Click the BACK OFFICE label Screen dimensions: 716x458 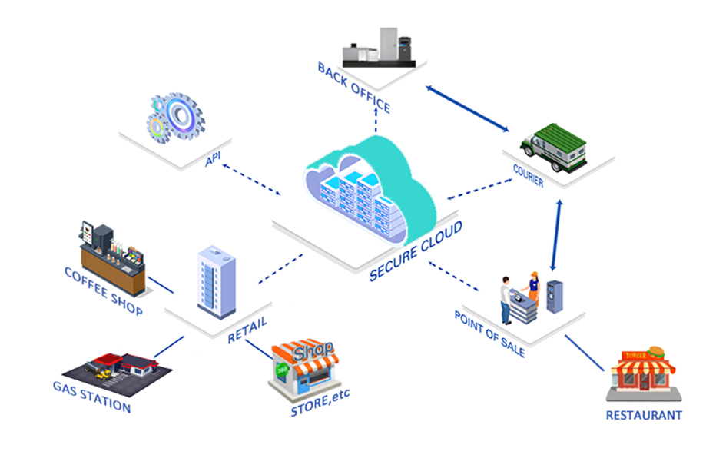(354, 88)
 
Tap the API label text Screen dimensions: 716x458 (214, 159)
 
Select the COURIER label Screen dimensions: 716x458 (529, 176)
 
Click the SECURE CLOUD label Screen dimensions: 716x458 (416, 251)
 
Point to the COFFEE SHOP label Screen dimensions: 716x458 (104, 291)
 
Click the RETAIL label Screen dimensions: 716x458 (247, 330)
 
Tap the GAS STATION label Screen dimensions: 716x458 (91, 397)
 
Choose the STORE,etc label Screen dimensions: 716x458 (320, 403)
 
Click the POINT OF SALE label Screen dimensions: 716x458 (489, 334)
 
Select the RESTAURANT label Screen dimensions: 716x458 (644, 415)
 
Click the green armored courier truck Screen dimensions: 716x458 (553, 147)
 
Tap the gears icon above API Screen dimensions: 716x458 (176, 118)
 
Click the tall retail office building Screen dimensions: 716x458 (217, 282)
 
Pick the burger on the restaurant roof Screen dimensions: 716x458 (656, 352)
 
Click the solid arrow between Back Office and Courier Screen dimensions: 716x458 (467, 108)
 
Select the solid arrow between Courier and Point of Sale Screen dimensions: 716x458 (556, 235)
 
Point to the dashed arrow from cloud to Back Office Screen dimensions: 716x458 (376, 120)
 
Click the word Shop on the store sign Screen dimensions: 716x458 (313, 351)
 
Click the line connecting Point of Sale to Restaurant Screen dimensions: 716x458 (585, 353)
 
